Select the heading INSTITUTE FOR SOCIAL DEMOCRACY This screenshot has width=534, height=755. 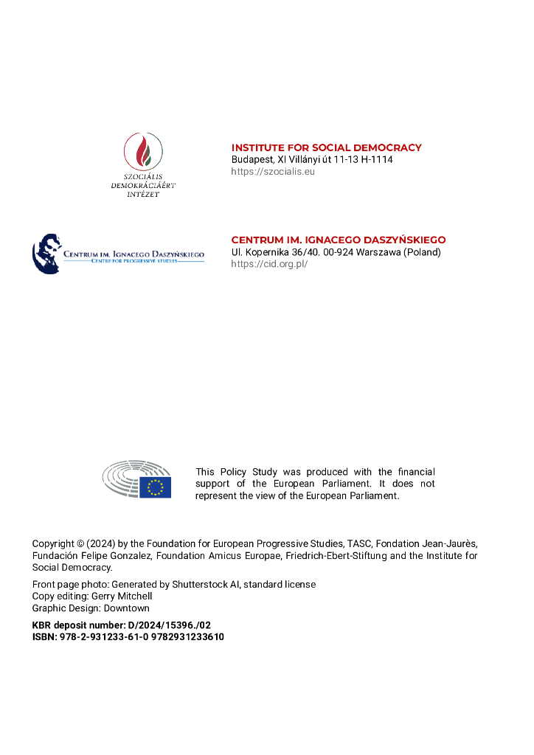pos(326,147)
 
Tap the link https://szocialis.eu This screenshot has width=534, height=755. pos(273,171)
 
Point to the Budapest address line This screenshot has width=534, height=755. pos(312,159)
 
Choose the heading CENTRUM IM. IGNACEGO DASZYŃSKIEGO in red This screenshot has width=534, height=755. pos(339,240)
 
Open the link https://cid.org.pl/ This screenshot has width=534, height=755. pos(269,263)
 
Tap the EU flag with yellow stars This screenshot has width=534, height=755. pos(156,487)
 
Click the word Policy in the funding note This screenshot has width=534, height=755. pos(233,472)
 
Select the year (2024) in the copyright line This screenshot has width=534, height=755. pos(101,544)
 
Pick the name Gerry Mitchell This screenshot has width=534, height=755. pos(122,596)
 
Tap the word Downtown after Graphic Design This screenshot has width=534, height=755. pos(126,608)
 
